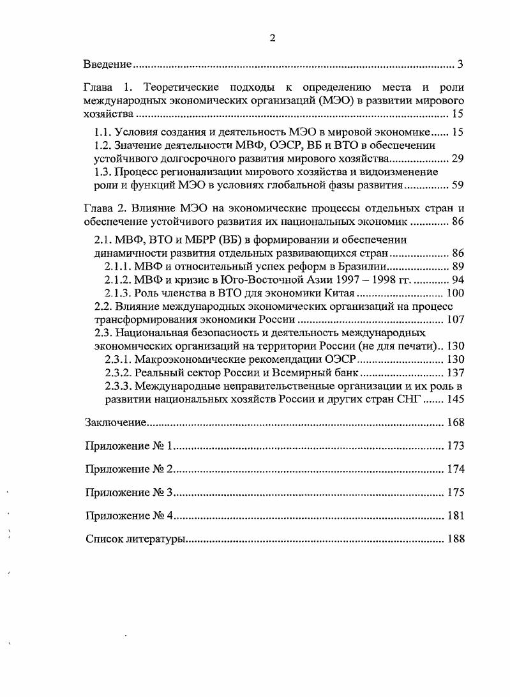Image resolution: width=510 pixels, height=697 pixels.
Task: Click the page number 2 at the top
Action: pos(272,38)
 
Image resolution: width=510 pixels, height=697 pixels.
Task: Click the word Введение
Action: pos(109,65)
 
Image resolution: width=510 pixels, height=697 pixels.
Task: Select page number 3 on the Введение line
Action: pos(460,65)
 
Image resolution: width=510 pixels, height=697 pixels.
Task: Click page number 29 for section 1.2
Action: pos(457,159)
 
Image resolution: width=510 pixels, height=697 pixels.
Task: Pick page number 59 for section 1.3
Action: pos(457,186)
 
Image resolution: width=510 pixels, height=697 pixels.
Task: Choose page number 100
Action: pos(454,293)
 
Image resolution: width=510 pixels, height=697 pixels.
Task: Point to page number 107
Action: pos(454,319)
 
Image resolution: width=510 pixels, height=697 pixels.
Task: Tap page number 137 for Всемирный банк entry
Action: pos(454,372)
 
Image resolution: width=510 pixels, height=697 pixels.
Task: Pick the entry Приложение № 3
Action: pos(130,493)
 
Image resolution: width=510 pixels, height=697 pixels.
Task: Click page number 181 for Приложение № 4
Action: pos(454,516)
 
